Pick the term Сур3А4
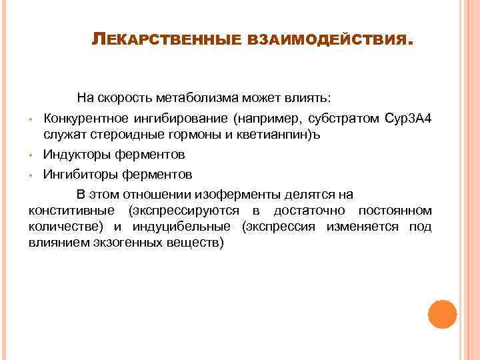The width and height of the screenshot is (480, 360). pos(409,119)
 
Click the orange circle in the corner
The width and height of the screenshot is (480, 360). pos(442,313)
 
